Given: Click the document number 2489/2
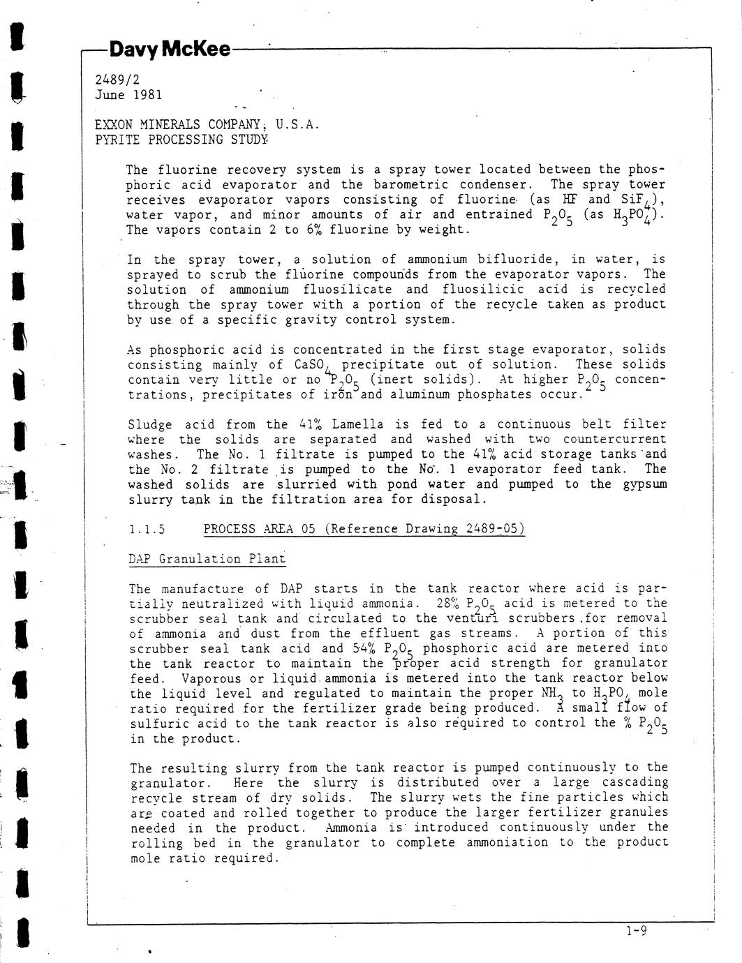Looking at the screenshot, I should coord(117,80).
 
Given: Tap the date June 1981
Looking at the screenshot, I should coord(128,95).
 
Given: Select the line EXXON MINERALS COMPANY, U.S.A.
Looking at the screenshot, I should coord(207,125).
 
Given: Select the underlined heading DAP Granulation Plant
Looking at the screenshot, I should coord(207,559).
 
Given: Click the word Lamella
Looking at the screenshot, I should coord(357,424).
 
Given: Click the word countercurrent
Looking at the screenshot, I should coord(614,440).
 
